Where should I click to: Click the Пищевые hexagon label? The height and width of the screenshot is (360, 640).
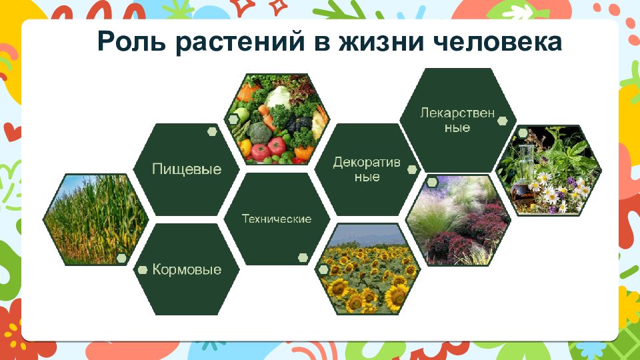coord(187,169)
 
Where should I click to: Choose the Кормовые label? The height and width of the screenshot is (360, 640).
coord(187,269)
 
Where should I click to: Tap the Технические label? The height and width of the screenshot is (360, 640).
coord(277,219)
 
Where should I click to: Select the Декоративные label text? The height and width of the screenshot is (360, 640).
coord(367,169)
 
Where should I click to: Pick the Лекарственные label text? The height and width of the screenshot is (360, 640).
coord(457,119)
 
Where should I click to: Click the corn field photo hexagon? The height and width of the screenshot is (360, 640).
coord(95,219)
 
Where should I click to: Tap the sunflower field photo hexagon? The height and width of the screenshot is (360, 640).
coord(368,269)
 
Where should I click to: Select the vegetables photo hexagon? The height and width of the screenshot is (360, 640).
coord(277,119)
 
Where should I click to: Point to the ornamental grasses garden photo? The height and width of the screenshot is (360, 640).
coord(458,221)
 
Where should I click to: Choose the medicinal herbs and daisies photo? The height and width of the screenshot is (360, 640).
coord(549,170)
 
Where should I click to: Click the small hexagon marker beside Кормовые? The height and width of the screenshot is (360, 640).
coord(143,270)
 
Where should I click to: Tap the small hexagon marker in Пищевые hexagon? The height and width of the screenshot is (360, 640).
coord(212,131)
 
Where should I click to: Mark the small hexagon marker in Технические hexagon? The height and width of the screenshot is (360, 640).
coord(303,257)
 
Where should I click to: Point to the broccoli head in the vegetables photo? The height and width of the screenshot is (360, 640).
coord(259,133)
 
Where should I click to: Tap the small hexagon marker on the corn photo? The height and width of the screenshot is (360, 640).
coord(121,258)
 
